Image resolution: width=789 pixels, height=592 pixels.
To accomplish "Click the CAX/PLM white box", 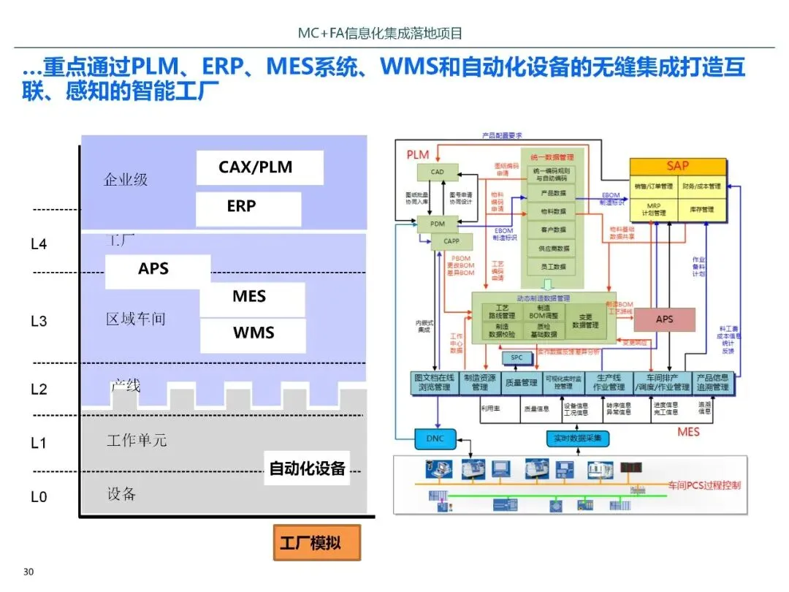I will coord(259,167).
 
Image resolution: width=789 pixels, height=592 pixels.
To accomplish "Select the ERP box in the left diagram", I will coord(248,208).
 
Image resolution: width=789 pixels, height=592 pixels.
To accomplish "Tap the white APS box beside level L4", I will coord(157,270).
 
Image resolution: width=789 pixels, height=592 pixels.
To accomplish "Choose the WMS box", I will coord(253,334).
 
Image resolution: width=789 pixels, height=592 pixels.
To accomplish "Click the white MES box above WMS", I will coord(251,297).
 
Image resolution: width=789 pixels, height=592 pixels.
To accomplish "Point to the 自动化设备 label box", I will coord(307,468).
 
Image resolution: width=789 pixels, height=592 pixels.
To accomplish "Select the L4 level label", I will coord(39,244).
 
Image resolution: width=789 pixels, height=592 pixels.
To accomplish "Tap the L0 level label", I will coord(39,497).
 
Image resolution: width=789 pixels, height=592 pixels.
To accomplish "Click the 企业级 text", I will coord(126,180).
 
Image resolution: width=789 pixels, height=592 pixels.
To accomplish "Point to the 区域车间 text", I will coord(136,319).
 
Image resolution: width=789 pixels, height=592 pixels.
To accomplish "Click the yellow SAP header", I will coord(678,167).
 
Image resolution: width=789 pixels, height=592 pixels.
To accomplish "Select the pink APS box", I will coord(664,319).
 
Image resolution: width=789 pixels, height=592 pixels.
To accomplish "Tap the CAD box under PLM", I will coord(437,172).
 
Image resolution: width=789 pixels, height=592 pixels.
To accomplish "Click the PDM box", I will coord(437,224).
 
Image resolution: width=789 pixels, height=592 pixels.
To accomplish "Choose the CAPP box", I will coord(451,240).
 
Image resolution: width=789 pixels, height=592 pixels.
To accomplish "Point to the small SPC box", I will coord(517,358).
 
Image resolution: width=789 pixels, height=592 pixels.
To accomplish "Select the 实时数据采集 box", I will coord(578,439).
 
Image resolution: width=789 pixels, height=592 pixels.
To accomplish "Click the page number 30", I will coord(29,572).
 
